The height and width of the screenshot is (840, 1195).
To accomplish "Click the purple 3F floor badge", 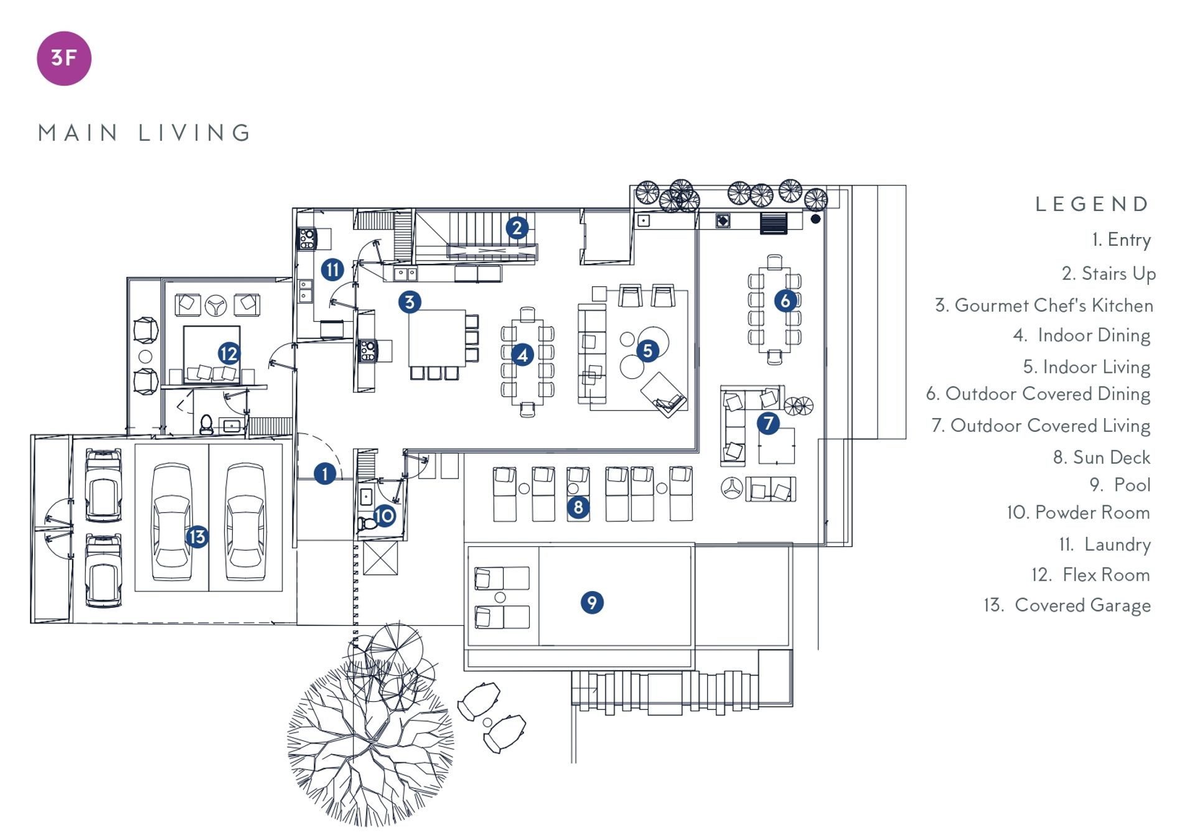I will pos(64,58).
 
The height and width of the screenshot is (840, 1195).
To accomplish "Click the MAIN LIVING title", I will pos(144,133).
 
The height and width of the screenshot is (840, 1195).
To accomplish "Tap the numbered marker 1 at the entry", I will pos(325,474).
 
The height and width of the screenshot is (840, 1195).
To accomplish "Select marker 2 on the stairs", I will pos(517,228).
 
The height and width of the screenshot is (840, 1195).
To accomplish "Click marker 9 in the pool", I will pos(592,602).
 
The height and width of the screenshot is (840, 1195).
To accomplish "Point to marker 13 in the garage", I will pos(197,537).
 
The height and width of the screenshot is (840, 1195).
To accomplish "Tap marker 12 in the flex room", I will pos(229,353).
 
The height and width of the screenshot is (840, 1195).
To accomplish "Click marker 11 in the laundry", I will pos(332,269).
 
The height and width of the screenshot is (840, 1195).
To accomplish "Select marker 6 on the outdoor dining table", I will pos(785,301).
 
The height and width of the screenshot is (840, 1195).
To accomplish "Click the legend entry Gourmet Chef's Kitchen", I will pos(1044,306).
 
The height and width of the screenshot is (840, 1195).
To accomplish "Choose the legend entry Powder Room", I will pos(1078,513).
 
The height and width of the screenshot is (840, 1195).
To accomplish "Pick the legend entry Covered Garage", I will pos(1067,605).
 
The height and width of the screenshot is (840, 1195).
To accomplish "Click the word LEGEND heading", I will pos(1092,204).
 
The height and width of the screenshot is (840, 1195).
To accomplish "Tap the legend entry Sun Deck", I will pos(1101,457).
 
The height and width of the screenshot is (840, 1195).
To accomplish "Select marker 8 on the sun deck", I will pos(578,508).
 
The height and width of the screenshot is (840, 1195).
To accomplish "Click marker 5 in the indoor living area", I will pos(647,351).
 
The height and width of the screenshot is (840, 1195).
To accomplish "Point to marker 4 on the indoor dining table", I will pos(523,355).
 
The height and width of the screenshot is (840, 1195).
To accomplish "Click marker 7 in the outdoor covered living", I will pos(768,424).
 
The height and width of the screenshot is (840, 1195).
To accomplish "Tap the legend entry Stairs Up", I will pos(1108,274).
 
